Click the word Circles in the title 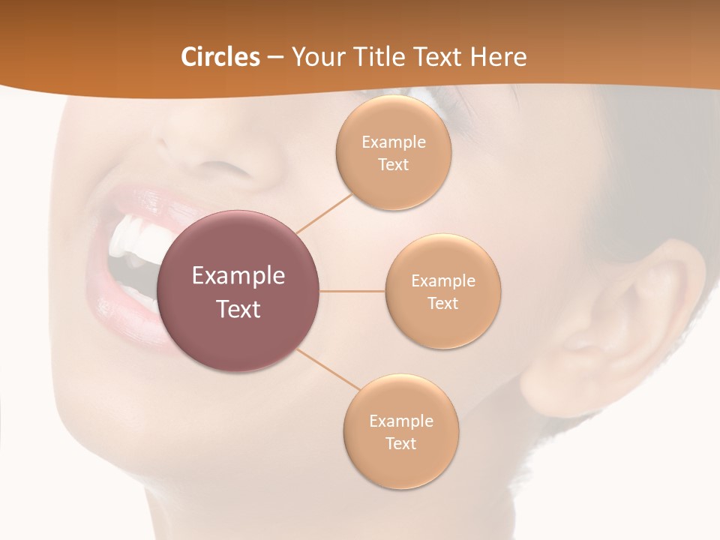pos(220,57)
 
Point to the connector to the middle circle pos(352,291)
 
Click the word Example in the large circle pos(238,276)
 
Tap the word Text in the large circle pos(238,309)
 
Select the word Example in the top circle pos(393,142)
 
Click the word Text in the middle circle pos(442,303)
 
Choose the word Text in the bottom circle pos(400,443)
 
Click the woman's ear pos(622,322)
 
